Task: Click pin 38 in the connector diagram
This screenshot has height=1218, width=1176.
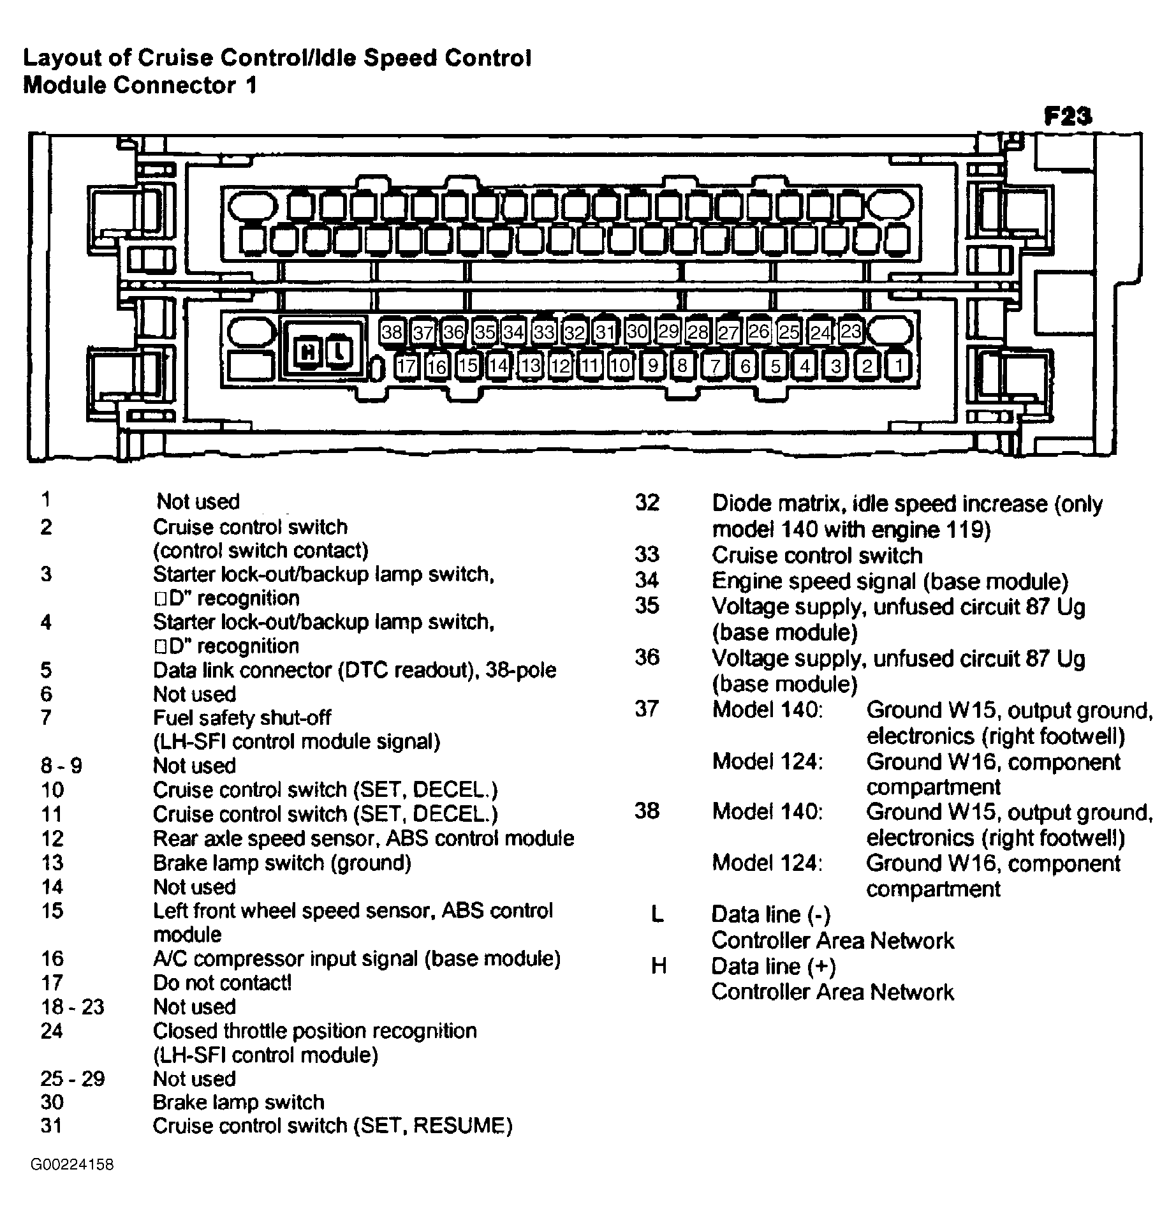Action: click(392, 332)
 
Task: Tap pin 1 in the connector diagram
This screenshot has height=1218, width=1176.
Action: click(899, 366)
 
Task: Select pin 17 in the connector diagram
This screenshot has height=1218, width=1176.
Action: click(406, 366)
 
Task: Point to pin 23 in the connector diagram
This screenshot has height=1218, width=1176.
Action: click(851, 331)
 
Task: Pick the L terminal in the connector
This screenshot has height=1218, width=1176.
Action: click(340, 352)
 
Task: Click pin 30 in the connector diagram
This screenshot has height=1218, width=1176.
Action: click(637, 331)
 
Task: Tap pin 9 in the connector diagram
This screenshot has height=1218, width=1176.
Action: click(652, 366)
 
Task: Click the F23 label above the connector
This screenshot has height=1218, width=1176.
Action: click(1068, 116)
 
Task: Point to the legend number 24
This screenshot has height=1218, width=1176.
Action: click(52, 1031)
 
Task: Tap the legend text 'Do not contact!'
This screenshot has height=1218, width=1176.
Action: click(222, 983)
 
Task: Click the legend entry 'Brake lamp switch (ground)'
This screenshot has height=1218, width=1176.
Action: click(282, 863)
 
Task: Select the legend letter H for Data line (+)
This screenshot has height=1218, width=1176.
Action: click(658, 967)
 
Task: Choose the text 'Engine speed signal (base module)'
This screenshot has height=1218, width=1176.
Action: click(890, 581)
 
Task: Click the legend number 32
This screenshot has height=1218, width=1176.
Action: click(647, 503)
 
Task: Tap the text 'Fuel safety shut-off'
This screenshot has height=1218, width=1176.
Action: click(242, 718)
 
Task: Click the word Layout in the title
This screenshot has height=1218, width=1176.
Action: click(63, 59)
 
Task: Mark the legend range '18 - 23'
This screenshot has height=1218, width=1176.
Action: click(72, 1007)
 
